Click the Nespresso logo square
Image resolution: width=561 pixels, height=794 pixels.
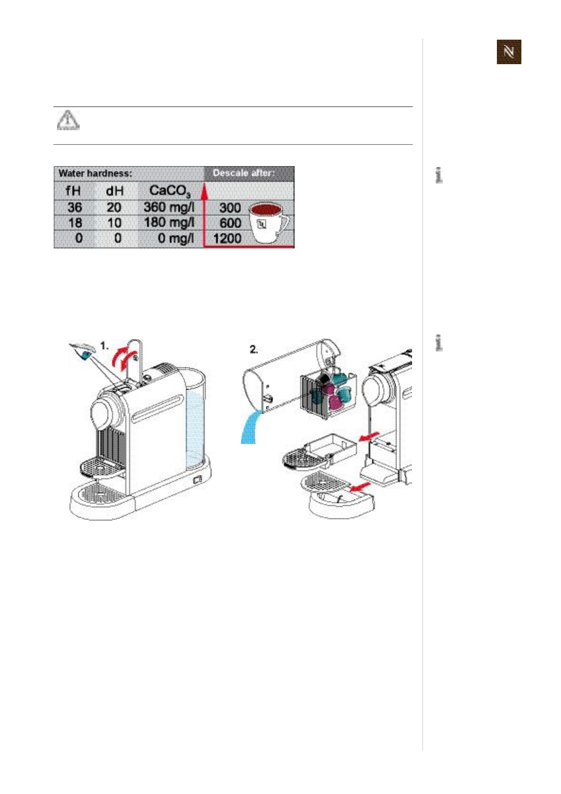coord(509,52)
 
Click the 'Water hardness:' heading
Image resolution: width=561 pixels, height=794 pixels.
coord(95,173)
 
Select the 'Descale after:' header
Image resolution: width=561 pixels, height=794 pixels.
coord(243,173)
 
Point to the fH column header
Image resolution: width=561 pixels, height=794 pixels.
coord(74,191)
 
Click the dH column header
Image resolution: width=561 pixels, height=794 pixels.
coord(115,191)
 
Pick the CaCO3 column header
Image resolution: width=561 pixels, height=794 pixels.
coord(170,191)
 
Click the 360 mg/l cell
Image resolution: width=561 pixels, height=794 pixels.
coord(169,207)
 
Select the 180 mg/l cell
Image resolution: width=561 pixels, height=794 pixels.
coord(169,223)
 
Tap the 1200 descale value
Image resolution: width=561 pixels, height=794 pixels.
coord(227,238)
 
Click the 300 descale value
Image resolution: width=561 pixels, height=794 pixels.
coord(230,208)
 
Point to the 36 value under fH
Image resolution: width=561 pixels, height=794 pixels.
coord(74,207)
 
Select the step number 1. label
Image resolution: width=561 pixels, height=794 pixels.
coord(104,346)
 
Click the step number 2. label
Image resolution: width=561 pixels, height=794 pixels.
coord(254,350)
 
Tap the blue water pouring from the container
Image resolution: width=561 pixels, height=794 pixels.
coord(250,427)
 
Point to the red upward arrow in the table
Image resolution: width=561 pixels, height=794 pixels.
coord(204,193)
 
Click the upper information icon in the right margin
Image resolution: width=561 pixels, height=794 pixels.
coord(439,175)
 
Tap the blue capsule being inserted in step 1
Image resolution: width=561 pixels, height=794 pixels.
coord(86,354)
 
